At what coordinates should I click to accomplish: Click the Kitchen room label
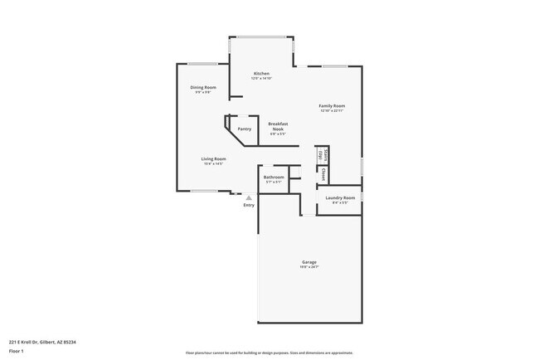[x=261, y=74]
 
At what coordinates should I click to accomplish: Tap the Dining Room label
[x=203, y=87]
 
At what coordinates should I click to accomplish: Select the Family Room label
[x=333, y=106]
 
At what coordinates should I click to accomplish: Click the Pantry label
[x=245, y=129]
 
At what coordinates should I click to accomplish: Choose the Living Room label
[x=213, y=158]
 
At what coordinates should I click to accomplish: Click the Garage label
[x=308, y=262]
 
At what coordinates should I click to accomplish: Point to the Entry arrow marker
[x=249, y=221]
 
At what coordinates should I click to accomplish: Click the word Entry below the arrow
[x=249, y=228]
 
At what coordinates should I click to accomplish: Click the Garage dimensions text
[x=308, y=267]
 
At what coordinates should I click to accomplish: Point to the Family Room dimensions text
[x=333, y=111]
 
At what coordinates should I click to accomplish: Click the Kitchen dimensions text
[x=261, y=79]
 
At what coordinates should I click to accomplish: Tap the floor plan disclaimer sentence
[x=269, y=353]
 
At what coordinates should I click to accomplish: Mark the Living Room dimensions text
[x=213, y=163]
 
